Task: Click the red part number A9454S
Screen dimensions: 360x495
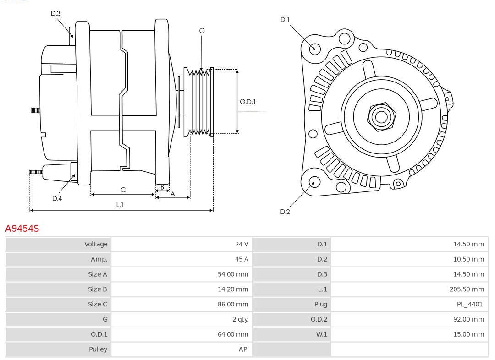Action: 22,228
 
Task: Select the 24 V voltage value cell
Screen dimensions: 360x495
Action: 242,244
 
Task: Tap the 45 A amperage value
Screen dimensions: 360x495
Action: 242,259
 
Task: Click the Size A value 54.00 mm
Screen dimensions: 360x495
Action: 233,274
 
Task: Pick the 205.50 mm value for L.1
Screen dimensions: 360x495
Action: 467,289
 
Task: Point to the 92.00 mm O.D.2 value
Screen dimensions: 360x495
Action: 468,319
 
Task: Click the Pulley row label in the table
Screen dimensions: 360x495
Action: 98,349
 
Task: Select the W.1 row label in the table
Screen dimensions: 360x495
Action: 321,334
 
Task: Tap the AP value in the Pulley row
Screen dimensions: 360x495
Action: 242,349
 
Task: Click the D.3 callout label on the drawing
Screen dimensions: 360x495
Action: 55,14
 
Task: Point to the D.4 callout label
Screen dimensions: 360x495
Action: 57,198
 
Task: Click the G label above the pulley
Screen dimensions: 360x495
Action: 202,31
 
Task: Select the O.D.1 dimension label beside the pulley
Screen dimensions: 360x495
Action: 247,102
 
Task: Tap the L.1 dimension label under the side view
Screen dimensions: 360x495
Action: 119,205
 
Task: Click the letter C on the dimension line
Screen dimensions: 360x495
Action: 123,190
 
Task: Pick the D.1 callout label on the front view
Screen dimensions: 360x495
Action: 285,20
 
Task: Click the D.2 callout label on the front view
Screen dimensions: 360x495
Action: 285,212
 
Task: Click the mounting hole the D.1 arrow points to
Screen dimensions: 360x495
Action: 315,48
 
